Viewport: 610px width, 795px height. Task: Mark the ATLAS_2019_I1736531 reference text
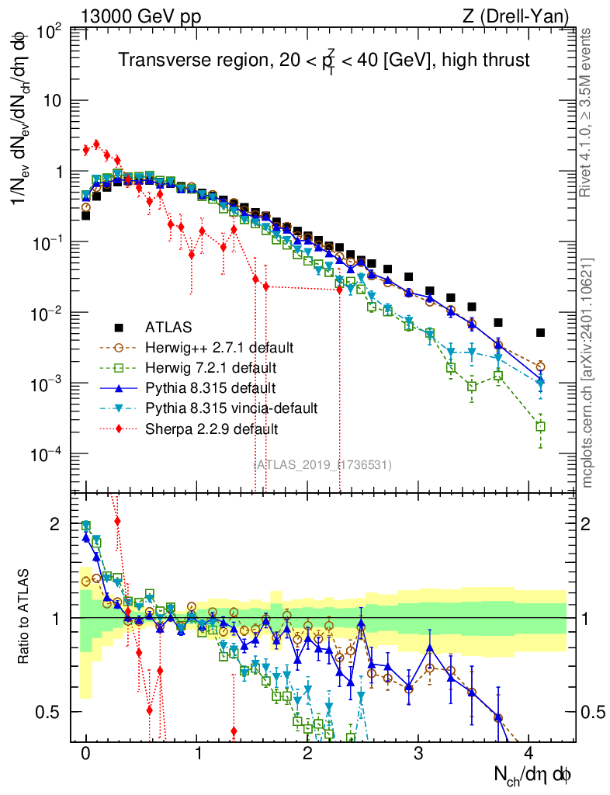click(323, 465)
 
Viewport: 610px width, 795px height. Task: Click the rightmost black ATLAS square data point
click(540, 332)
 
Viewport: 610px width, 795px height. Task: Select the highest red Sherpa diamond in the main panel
click(96, 144)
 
